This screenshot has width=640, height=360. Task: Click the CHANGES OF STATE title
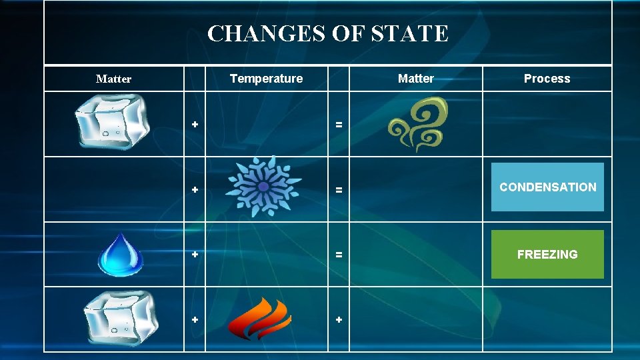pyautogui.click(x=327, y=33)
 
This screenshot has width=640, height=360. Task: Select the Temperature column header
pyautogui.click(x=266, y=79)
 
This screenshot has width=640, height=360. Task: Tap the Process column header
pyautogui.click(x=547, y=79)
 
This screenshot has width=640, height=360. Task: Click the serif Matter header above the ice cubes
pyautogui.click(x=113, y=79)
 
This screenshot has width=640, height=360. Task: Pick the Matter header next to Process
pyautogui.click(x=415, y=79)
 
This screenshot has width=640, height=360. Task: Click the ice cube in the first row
pyautogui.click(x=113, y=122)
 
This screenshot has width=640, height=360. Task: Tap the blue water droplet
pyautogui.click(x=120, y=255)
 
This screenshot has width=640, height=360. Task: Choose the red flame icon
pyautogui.click(x=259, y=319)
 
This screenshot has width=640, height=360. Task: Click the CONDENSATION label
pyautogui.click(x=547, y=187)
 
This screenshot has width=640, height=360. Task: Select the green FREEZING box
pyautogui.click(x=547, y=254)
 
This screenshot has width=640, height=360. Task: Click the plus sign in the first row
pyautogui.click(x=195, y=124)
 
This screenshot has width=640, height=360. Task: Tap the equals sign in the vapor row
pyautogui.click(x=339, y=124)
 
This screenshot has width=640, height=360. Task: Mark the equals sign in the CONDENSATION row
pyautogui.click(x=339, y=190)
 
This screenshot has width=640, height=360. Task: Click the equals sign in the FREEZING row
pyautogui.click(x=339, y=255)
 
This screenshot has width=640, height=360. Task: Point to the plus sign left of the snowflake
pyautogui.click(x=195, y=190)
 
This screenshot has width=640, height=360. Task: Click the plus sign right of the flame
pyautogui.click(x=339, y=320)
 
